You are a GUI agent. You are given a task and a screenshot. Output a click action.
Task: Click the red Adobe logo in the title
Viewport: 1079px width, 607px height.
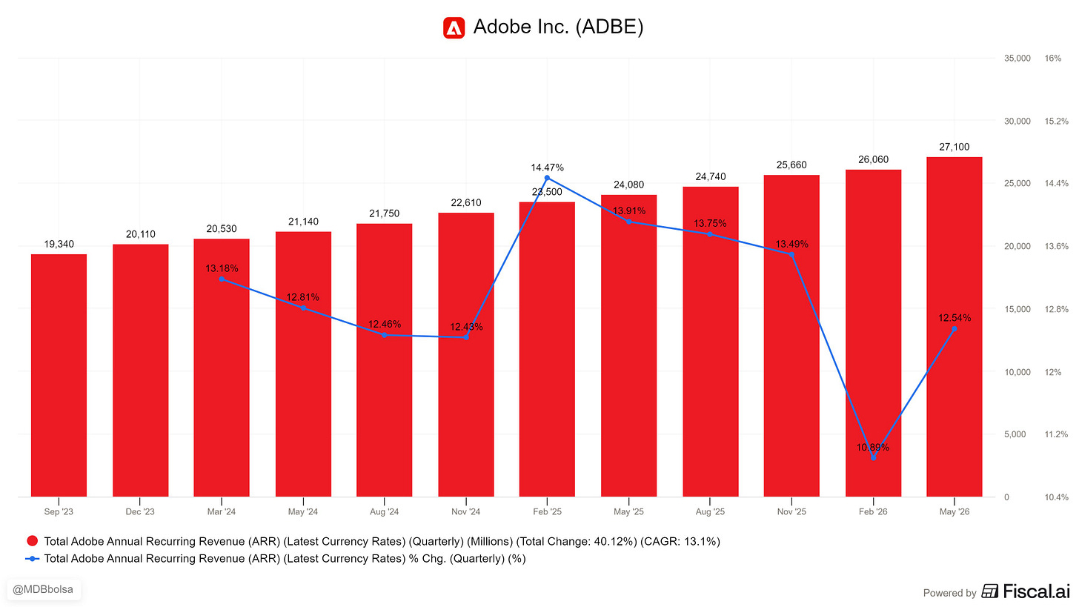click(454, 27)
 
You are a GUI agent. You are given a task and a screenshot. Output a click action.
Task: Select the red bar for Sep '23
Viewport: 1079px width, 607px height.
click(59, 375)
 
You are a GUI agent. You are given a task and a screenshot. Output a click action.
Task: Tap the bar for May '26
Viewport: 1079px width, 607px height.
click(954, 327)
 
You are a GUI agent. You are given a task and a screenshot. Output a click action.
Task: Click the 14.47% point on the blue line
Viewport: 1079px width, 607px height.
click(547, 178)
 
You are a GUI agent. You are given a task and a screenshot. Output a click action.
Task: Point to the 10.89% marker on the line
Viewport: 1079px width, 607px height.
click(873, 458)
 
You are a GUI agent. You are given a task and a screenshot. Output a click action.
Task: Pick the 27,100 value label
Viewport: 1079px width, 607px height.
click(954, 147)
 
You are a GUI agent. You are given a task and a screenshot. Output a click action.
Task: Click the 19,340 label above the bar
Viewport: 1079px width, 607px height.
click(59, 245)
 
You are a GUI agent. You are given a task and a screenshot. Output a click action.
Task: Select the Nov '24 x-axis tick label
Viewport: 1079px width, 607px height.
click(466, 511)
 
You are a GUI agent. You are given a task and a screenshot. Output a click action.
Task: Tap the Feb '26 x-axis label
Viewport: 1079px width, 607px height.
click(873, 511)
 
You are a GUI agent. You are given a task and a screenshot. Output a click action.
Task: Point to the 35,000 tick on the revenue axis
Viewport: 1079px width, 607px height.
click(1017, 59)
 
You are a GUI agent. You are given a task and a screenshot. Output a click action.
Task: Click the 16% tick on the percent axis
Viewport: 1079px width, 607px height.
click(1052, 59)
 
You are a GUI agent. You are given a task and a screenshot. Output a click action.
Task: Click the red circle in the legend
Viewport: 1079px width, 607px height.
click(33, 541)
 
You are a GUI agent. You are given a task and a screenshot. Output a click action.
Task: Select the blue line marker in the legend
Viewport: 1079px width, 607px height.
click(33, 559)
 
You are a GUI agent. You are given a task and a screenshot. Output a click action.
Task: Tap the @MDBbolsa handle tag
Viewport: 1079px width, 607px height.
click(43, 590)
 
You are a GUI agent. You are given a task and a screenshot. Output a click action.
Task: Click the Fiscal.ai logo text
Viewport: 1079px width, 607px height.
click(1037, 591)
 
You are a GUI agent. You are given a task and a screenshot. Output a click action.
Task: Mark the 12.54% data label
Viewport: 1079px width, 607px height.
click(954, 318)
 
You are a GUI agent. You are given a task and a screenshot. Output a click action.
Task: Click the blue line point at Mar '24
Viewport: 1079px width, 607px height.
click(222, 279)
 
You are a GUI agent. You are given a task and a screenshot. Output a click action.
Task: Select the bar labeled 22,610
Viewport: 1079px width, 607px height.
click(466, 354)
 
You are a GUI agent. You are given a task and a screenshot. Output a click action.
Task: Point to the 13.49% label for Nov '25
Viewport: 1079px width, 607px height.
click(791, 245)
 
